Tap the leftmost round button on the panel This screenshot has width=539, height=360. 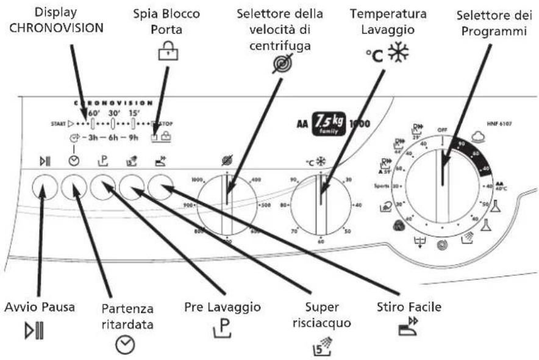43,186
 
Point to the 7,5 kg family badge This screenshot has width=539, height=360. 328,117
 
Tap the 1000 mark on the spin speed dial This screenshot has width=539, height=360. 197,181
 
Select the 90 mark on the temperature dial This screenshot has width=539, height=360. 293,181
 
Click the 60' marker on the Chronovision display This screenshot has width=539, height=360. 95,114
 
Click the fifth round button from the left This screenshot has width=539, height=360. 160,186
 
